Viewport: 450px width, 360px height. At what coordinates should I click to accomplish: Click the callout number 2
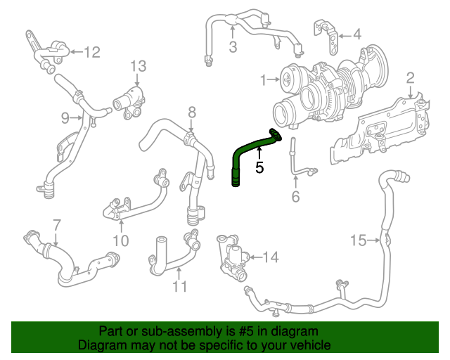click(x=410, y=77)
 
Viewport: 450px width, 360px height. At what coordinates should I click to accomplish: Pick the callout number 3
click(x=233, y=47)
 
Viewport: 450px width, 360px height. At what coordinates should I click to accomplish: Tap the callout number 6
click(x=295, y=196)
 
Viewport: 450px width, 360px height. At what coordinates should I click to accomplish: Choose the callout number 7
click(x=57, y=226)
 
